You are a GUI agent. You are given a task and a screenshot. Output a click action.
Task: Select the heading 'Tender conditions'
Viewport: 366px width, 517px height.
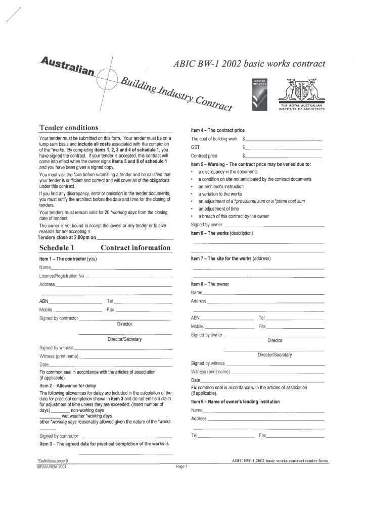(x=69, y=127)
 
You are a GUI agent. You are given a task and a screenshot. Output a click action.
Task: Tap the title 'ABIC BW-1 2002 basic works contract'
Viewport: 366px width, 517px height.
(x=249, y=64)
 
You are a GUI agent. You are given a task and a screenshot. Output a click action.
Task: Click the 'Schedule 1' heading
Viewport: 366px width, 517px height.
(x=57, y=247)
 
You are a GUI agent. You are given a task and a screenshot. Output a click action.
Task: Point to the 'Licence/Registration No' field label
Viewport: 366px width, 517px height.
(x=62, y=276)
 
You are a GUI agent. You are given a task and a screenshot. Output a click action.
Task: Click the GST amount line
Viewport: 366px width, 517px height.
(x=283, y=147)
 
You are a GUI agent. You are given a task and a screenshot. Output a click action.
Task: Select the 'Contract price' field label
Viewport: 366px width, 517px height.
(x=204, y=156)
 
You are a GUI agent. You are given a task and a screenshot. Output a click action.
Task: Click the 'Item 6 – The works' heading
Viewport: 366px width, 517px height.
(x=221, y=233)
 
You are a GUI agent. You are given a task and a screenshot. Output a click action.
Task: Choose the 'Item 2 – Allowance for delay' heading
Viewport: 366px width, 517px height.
(x=68, y=385)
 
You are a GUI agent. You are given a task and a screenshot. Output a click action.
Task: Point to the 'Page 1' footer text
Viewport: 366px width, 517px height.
(x=181, y=467)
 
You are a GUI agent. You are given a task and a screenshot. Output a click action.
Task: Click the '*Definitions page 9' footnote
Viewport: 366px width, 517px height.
(x=53, y=461)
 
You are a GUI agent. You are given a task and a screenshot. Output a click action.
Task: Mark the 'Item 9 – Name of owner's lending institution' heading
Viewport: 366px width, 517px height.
(x=235, y=401)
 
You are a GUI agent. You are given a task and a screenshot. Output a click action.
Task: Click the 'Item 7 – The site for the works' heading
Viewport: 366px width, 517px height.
(x=231, y=258)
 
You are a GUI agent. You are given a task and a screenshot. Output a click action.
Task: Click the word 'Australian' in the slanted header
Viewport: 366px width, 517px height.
(x=67, y=66)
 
